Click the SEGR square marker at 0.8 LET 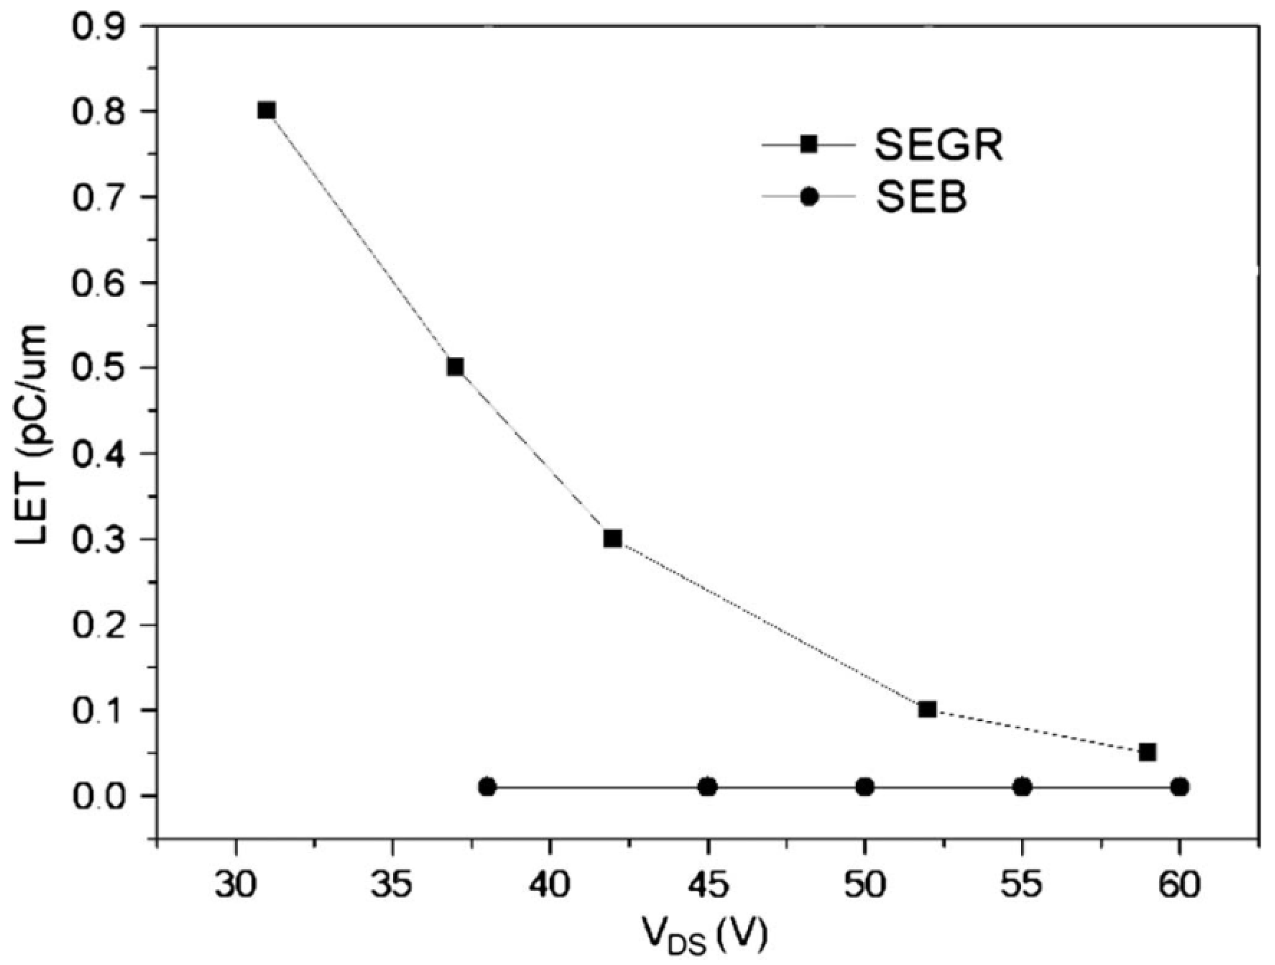(266, 111)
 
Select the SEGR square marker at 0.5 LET (455, 367)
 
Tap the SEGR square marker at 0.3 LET (613, 539)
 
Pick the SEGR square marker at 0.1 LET (927, 709)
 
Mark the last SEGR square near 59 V (1147, 752)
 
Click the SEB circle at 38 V (488, 786)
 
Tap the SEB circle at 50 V (865, 786)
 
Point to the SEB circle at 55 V (1023, 786)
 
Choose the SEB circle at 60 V (1180, 786)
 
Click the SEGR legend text (939, 146)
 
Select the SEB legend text (921, 197)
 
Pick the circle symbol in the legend (810, 197)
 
